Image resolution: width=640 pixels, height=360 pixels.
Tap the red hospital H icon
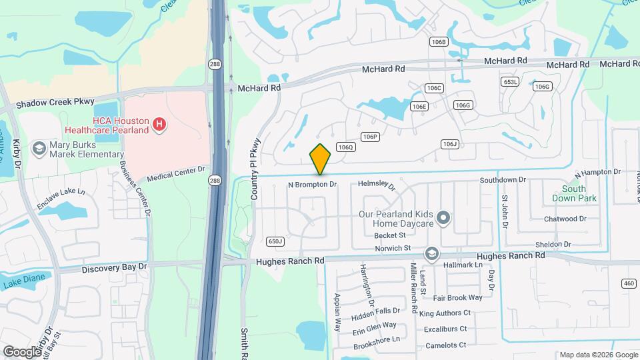pos(159,123)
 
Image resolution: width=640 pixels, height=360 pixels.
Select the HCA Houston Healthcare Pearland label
pos(107,125)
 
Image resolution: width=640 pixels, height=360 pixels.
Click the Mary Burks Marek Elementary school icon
pos(39,148)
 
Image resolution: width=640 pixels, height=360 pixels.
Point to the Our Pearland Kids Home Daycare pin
pos(443,218)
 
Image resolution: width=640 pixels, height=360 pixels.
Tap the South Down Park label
pos(574,193)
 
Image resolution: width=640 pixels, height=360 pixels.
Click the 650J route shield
pos(275,241)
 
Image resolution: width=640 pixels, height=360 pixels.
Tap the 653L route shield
pos(510,81)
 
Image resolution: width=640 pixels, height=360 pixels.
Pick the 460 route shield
pos(628,283)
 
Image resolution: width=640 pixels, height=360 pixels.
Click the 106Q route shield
pos(345,147)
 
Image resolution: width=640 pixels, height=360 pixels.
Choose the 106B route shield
pos(438,42)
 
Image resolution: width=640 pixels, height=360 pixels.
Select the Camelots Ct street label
pos(445,345)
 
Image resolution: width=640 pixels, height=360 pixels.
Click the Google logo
pos(22,351)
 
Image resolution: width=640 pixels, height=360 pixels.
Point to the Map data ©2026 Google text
pos(598,354)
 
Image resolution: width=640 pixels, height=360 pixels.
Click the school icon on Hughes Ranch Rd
pos(432,253)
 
